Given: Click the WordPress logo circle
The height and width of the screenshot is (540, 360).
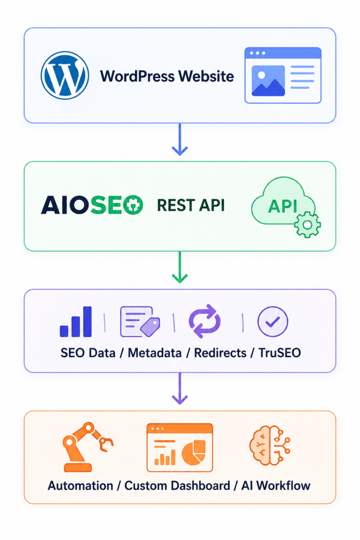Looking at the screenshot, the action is click(65, 75).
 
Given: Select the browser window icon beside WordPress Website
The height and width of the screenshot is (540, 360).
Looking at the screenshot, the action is click(283, 75).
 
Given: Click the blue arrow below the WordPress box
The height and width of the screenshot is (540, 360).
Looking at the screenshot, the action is click(180, 139).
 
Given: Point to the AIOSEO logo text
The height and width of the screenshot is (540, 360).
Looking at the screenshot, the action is click(92, 205).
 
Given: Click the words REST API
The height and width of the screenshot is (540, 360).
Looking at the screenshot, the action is click(191, 205).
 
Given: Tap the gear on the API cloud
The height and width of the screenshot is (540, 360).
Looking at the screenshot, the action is click(307, 225).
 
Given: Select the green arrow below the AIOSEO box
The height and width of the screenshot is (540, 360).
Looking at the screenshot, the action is click(180, 267).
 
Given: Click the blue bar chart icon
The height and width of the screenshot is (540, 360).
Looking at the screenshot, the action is click(76, 322).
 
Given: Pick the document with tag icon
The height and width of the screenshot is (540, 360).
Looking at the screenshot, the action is click(140, 322).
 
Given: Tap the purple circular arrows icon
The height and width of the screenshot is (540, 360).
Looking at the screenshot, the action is click(205, 321).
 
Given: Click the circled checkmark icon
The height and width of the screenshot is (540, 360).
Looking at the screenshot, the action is click(272, 322).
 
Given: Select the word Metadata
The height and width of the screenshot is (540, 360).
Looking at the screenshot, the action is click(155, 353).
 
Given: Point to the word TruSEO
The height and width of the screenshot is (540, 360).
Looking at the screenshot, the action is click(280, 353).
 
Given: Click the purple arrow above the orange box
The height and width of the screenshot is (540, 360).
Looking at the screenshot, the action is click(180, 389).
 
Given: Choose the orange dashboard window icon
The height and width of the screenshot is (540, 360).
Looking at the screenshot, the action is click(180, 447).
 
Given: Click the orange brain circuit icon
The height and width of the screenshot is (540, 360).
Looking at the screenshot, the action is click(270, 445).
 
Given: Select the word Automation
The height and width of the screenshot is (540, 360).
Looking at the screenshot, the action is click(80, 486).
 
